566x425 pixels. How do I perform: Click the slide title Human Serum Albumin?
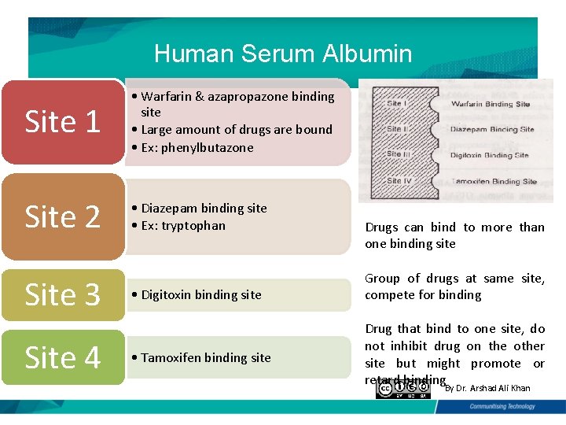coord(283,54)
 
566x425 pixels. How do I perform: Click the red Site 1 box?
coord(63,122)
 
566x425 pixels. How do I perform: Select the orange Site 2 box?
coord(63,216)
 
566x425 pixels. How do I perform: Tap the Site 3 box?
coord(63,294)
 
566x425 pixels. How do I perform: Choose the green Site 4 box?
coord(63,357)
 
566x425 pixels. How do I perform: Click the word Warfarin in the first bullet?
coord(167,96)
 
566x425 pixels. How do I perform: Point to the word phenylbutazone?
coord(208,147)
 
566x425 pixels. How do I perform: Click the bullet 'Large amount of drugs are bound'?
coord(236,129)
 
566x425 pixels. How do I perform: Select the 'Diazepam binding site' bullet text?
coord(204,208)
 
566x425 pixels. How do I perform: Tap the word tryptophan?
coord(193,225)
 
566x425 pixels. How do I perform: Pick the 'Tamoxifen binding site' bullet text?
coord(206,357)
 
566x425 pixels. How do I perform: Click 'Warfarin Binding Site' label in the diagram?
coord(491,104)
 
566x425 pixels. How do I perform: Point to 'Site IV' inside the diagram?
coord(399,180)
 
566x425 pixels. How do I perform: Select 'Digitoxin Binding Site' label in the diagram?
coord(489,155)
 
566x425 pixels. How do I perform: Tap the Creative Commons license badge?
coord(408,389)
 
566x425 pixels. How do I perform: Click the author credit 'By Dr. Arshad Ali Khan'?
coord(487,388)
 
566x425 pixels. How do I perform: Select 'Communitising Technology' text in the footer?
coord(502,407)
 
